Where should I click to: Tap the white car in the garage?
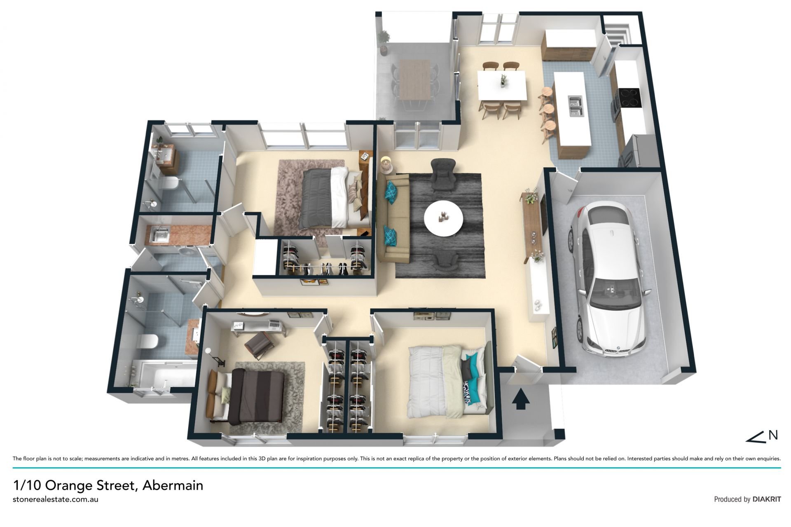606,276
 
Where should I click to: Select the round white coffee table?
443,218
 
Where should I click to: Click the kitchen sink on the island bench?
575,105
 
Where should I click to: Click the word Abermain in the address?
173,485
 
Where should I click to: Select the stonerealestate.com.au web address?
56,499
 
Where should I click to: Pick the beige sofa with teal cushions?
393,218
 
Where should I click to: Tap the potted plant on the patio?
384,41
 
